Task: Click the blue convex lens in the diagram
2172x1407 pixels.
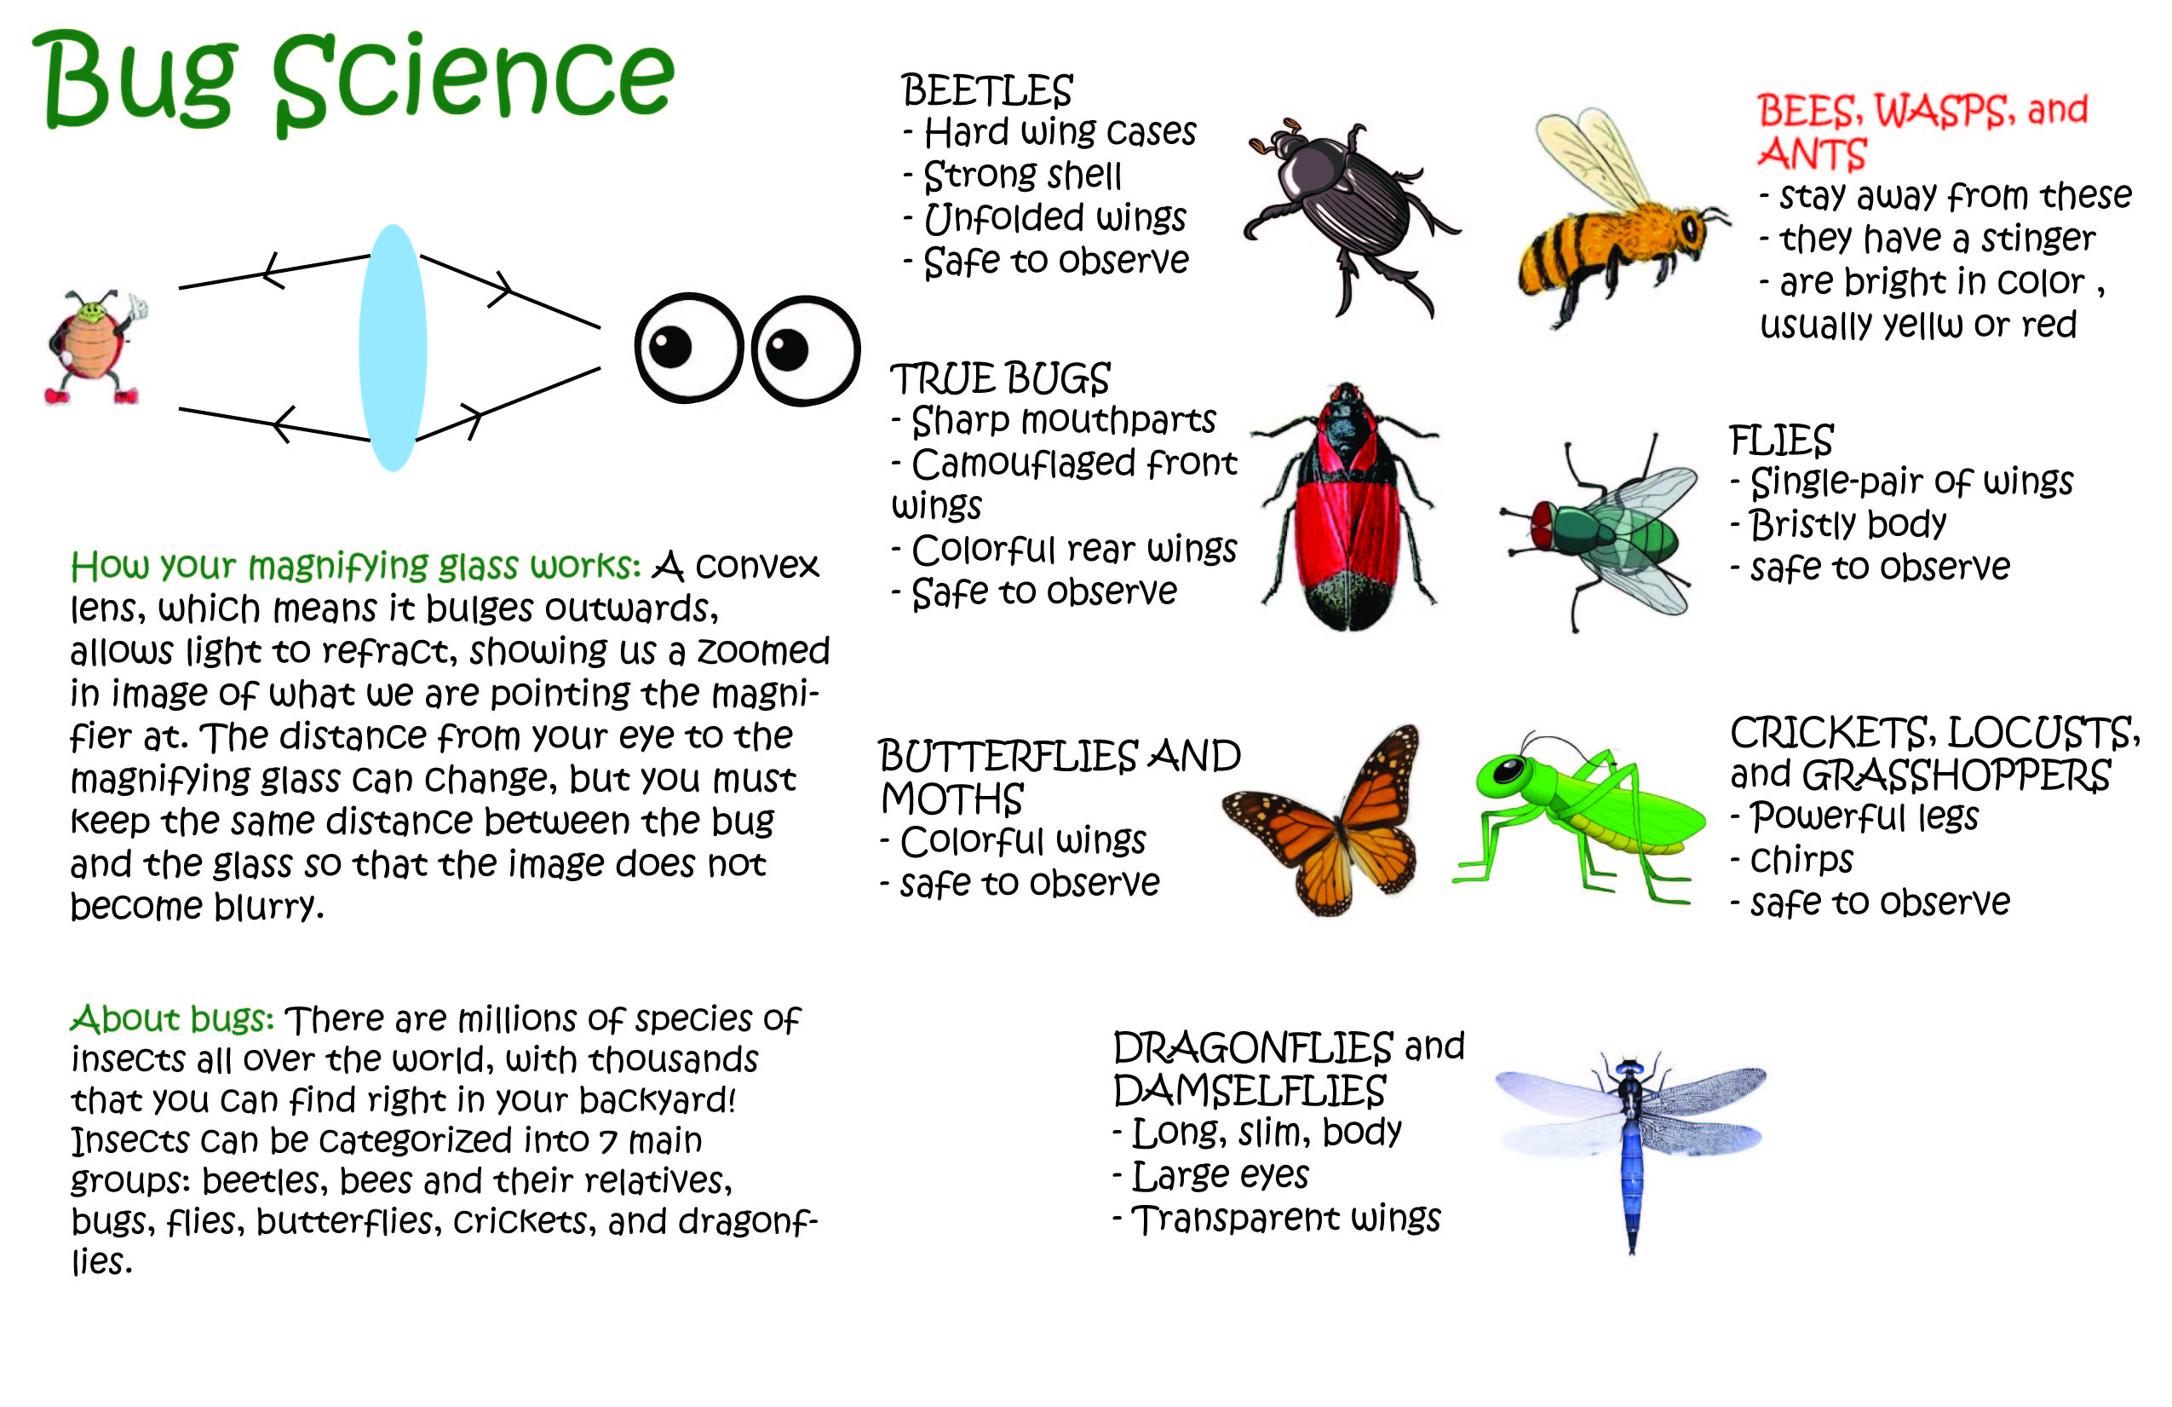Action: click(393, 348)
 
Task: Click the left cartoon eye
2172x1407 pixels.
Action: click(689, 348)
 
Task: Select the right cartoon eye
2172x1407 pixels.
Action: click(805, 350)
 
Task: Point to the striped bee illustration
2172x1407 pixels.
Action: click(1620, 217)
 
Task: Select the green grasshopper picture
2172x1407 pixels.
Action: click(1579, 816)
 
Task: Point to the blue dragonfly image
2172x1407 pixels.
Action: click(1631, 1152)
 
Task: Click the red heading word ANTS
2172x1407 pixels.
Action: click(1813, 154)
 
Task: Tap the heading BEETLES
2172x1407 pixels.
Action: click(986, 91)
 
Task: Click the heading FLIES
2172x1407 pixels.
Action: click(1780, 441)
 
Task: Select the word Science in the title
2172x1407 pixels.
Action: click(474, 80)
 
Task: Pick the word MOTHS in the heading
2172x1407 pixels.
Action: click(952, 799)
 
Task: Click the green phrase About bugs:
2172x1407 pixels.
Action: click(172, 1018)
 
